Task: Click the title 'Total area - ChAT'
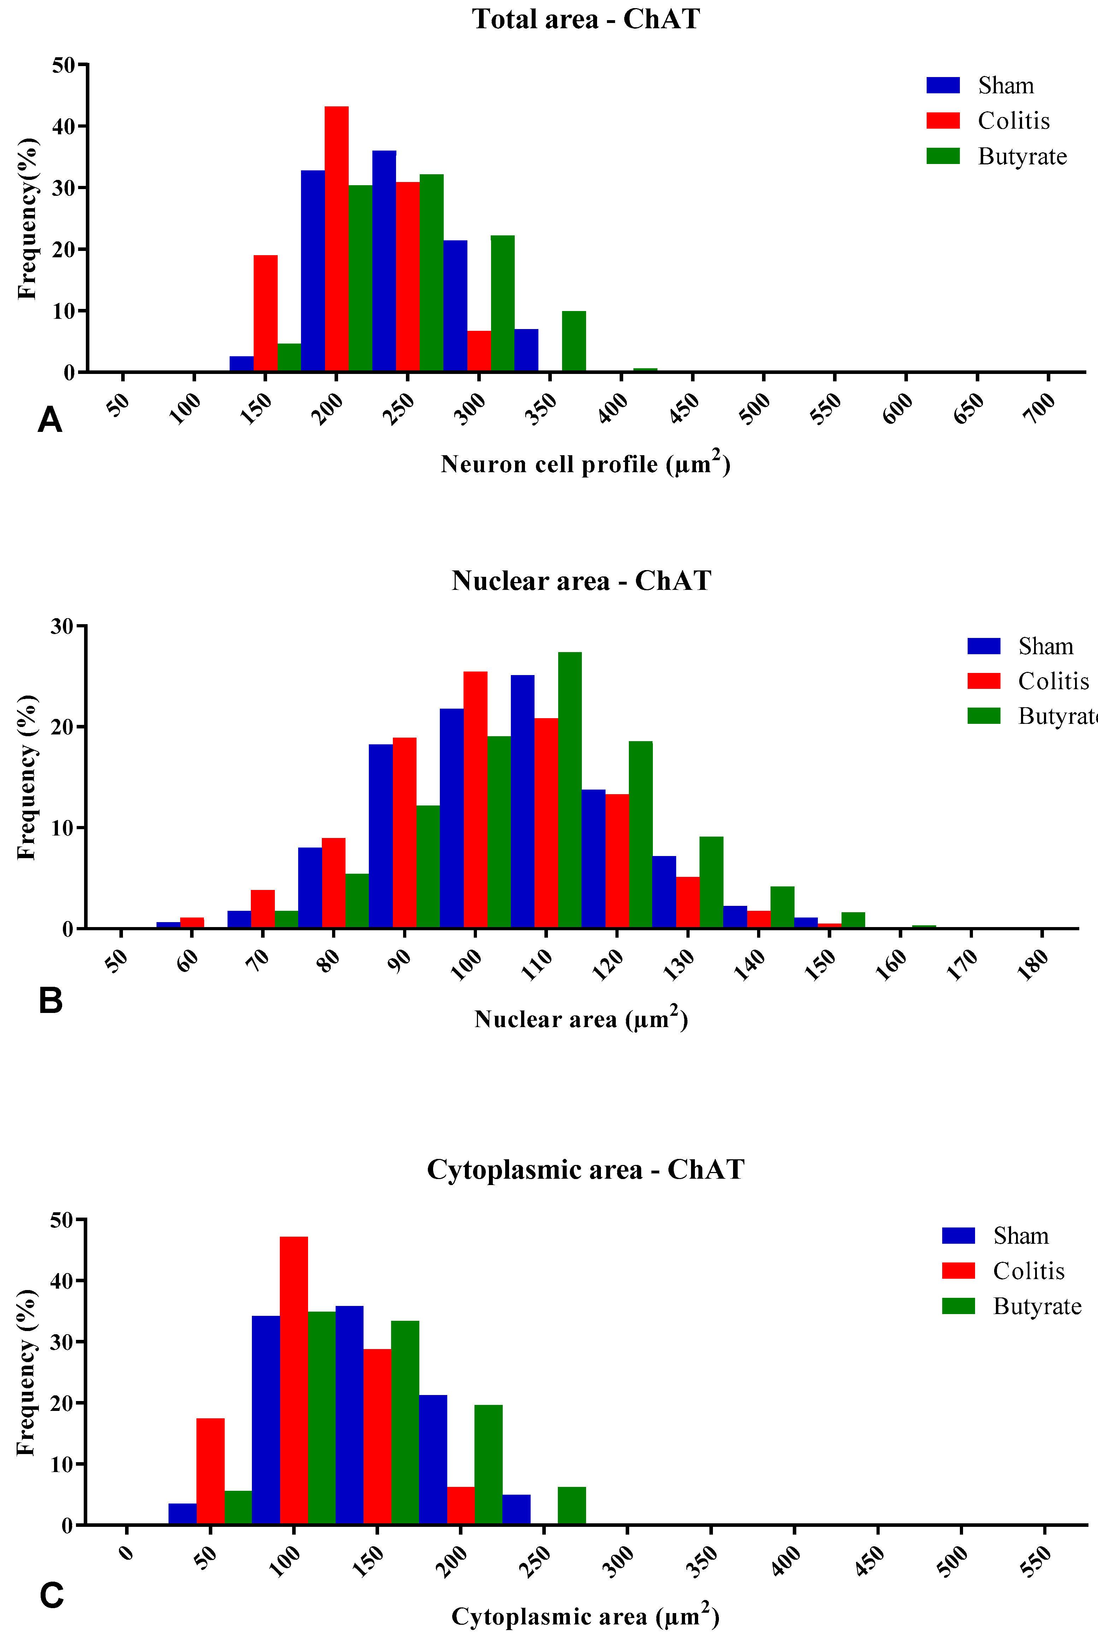click(585, 19)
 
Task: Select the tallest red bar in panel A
click(336, 238)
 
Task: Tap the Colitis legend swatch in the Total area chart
click(943, 121)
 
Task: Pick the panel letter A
click(50, 420)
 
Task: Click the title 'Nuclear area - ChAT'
click(581, 581)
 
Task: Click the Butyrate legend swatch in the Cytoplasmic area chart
click(958, 1306)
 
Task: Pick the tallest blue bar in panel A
click(384, 260)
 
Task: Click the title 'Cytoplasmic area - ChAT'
click(585, 1170)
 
